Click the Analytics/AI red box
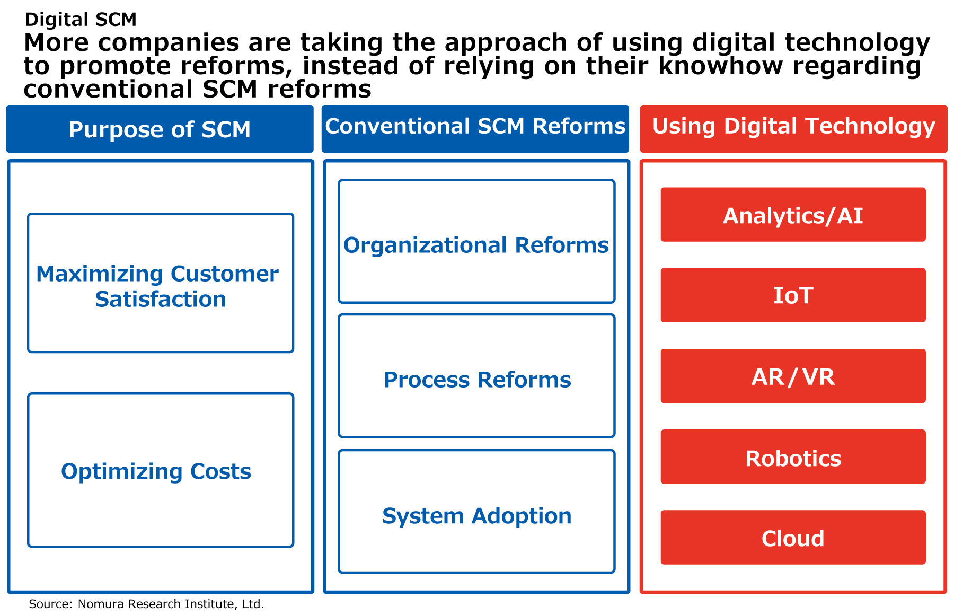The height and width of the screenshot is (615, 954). click(793, 215)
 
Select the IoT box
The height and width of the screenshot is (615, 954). click(793, 295)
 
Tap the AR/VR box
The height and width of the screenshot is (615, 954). click(793, 376)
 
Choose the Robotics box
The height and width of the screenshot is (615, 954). click(793, 457)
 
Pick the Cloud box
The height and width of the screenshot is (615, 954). click(793, 538)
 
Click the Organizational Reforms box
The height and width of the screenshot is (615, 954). click(476, 242)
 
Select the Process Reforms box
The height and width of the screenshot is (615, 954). click(476, 376)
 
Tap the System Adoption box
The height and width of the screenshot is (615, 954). click(476, 512)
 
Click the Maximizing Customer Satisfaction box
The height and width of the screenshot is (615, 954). click(161, 283)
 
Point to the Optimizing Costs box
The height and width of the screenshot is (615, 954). click(161, 470)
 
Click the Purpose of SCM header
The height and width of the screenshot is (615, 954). click(160, 129)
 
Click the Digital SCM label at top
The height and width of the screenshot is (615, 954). click(81, 20)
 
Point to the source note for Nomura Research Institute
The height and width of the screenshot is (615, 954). click(146, 604)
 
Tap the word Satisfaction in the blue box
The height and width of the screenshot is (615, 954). click(161, 300)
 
